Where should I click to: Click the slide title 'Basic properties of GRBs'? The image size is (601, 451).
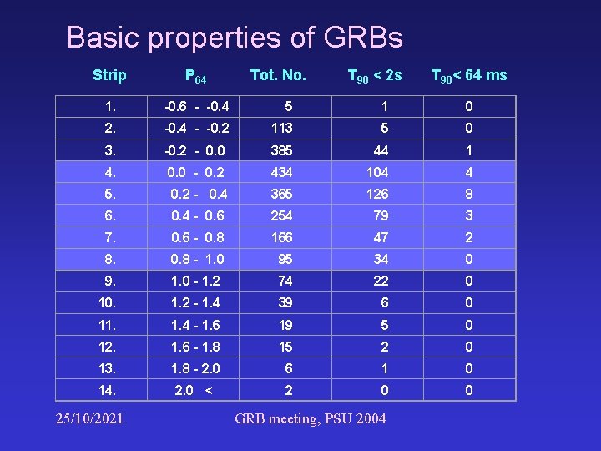point(235,38)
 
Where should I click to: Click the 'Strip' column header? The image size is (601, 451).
point(109,75)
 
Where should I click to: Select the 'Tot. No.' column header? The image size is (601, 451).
point(278,75)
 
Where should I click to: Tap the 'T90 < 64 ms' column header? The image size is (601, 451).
point(468,76)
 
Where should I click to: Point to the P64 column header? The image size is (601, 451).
point(195,77)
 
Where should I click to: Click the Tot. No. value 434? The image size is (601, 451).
point(281,172)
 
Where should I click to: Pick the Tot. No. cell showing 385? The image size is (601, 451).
point(281,151)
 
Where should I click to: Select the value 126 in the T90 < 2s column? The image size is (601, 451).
point(377,194)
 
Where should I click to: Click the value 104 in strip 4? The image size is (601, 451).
point(377,172)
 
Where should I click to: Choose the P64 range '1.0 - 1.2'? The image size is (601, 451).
point(195,281)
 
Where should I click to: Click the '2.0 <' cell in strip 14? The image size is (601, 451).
point(193,390)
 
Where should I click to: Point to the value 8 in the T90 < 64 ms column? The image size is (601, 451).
point(469,194)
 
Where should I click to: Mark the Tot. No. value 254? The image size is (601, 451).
point(281,215)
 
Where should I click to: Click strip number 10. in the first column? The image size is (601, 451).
point(106,302)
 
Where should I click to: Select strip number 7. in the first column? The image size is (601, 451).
point(110,237)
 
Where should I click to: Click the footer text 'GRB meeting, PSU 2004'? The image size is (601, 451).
point(311,418)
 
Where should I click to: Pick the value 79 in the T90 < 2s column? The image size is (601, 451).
point(381,215)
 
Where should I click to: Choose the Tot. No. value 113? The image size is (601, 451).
point(281,129)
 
